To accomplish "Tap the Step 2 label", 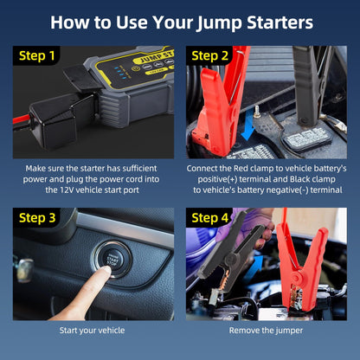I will coord(210,56).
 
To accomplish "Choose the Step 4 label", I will coord(210,218).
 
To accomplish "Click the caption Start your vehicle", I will coord(93,330).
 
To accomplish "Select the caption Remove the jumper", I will coord(266,330).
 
